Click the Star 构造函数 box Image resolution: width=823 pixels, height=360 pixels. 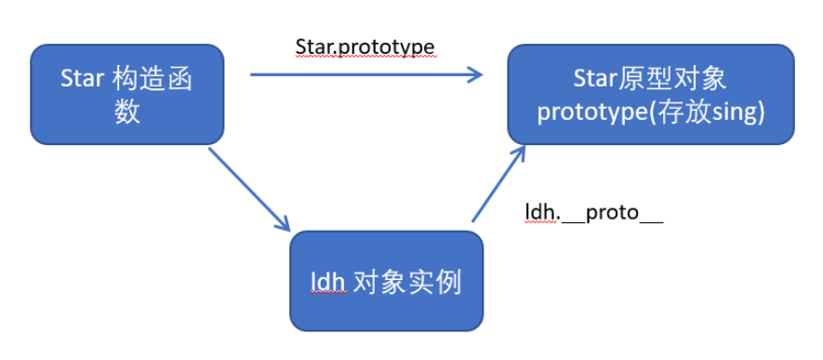pos(127,95)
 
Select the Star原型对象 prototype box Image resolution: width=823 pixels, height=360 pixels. pos(650,95)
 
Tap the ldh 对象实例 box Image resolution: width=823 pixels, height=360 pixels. pos(386,281)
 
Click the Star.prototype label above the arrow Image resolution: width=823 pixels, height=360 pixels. pos(365,47)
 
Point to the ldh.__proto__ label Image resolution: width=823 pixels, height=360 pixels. pos(594,213)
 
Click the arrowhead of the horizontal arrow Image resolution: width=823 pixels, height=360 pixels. pos(475,74)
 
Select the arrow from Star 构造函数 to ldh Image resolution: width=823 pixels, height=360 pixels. pos(249,190)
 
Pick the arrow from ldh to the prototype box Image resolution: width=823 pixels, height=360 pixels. pos(498,183)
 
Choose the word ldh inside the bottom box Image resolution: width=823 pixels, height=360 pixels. pos(327,283)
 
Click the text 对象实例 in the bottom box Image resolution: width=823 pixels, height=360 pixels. pos(407,283)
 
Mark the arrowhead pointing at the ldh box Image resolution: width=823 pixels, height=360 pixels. pos(283,223)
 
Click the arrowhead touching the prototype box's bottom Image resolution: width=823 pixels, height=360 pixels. pos(519,153)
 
